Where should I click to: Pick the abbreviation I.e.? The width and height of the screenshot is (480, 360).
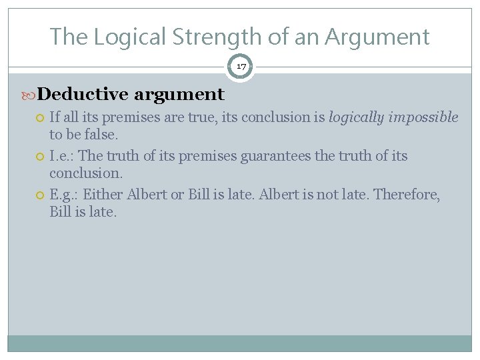coord(62,156)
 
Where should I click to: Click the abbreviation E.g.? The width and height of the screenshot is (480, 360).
coord(64,195)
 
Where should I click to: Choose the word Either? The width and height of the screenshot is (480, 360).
coord(103,195)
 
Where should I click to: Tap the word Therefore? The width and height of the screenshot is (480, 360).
coord(406,195)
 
